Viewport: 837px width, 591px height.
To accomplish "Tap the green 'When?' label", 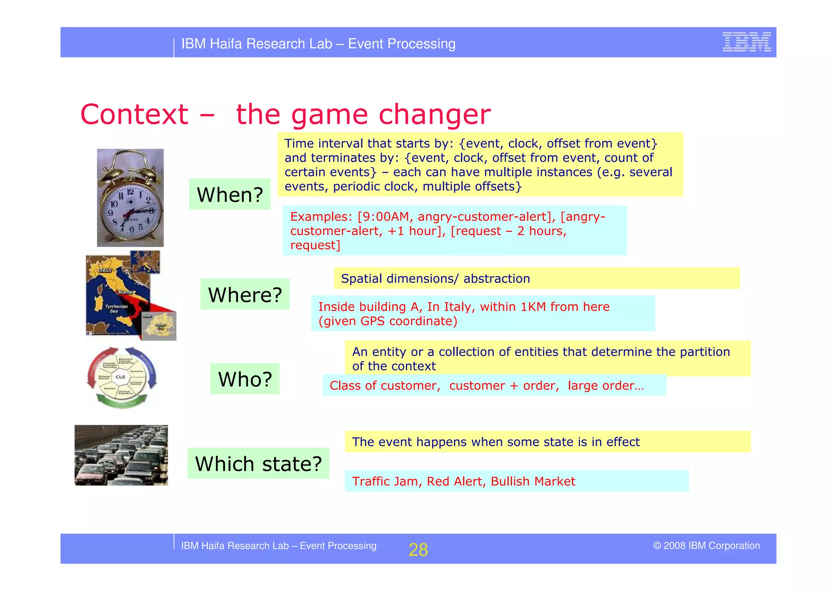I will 230,194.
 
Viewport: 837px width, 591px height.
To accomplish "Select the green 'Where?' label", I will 245,294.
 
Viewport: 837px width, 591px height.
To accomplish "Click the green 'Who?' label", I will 245,379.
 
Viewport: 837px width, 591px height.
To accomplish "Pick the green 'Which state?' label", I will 258,464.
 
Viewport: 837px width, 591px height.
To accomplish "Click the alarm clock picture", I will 130,198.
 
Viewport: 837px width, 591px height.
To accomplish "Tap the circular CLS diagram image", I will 121,377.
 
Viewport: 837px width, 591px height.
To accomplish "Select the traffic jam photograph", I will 121,455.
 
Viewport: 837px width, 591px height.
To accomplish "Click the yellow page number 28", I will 418,550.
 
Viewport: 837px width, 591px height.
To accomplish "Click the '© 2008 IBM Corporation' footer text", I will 706,546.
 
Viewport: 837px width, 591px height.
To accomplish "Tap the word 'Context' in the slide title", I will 134,114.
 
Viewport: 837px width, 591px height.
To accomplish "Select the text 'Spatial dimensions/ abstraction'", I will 435,279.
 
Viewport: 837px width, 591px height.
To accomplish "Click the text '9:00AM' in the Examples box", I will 383,216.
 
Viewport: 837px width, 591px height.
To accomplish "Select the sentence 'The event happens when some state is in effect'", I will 496,442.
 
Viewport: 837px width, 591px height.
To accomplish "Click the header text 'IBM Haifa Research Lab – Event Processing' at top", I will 318,44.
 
